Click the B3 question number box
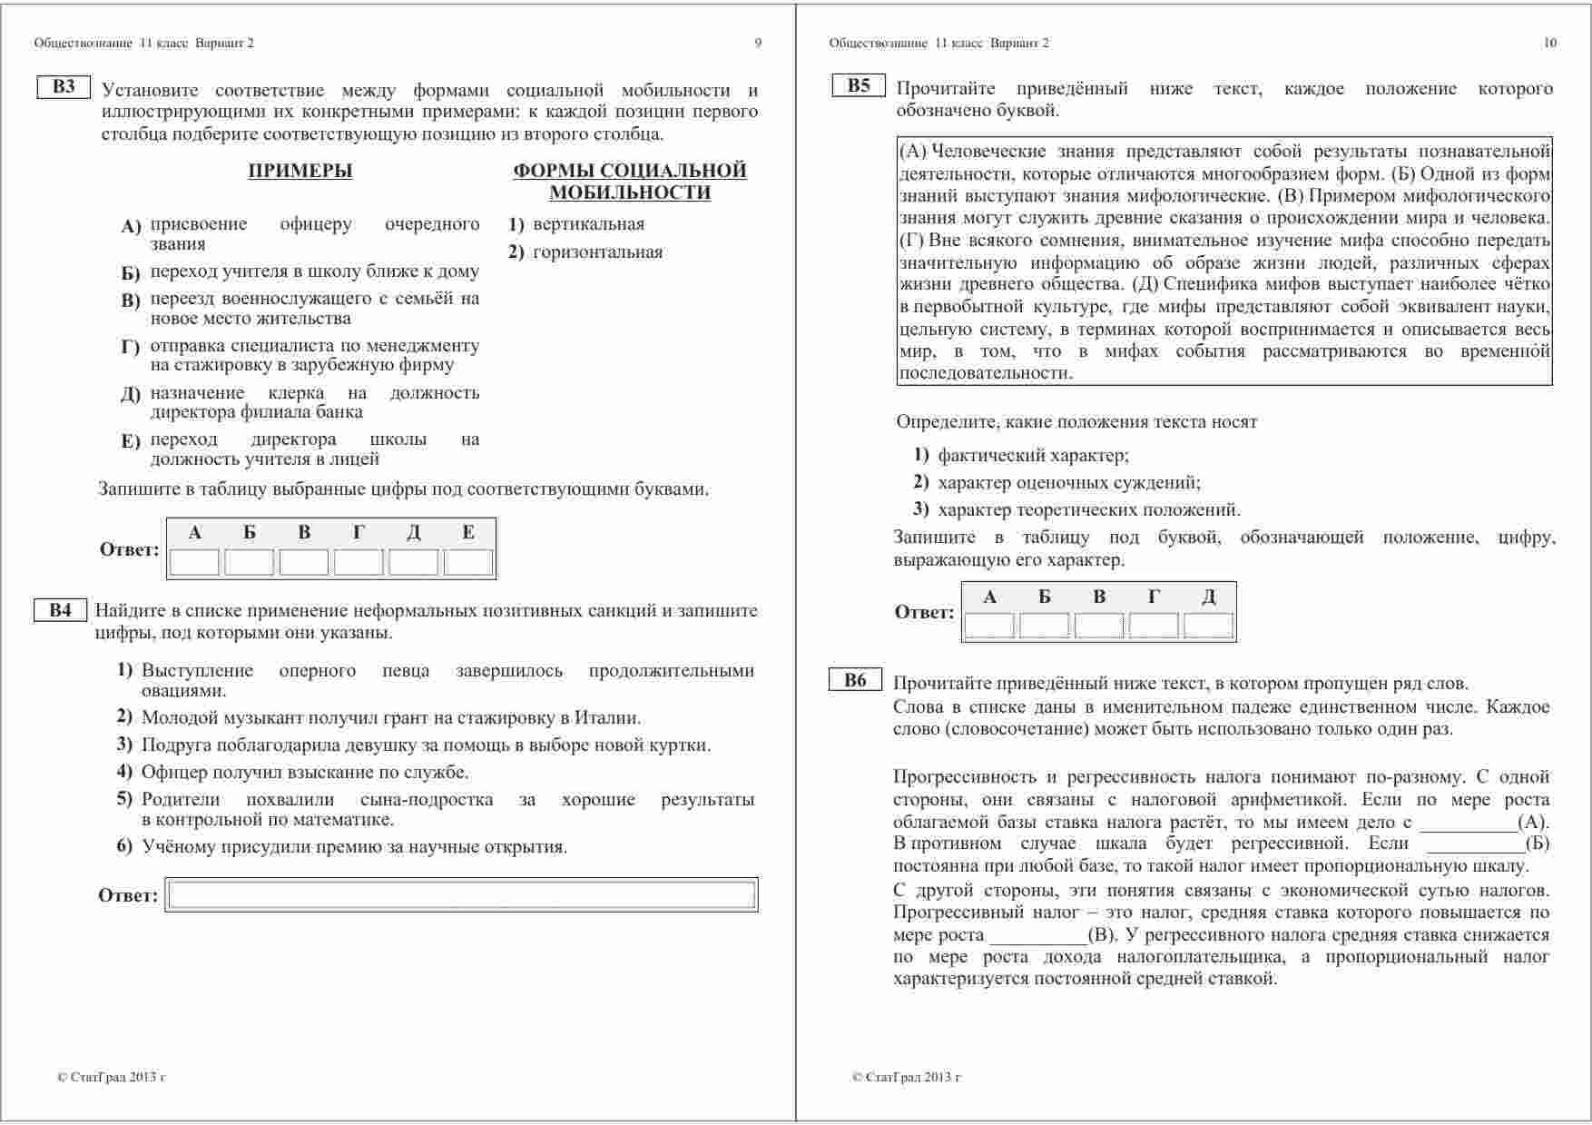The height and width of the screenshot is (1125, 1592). [x=64, y=87]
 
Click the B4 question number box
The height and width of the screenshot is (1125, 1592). [x=60, y=610]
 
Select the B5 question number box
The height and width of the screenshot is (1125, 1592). [x=858, y=86]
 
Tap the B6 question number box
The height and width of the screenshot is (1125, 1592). [x=855, y=681]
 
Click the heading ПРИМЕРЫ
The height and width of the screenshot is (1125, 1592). [x=300, y=171]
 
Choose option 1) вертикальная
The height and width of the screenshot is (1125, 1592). [x=577, y=224]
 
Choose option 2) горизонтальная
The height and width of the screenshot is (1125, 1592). [x=586, y=252]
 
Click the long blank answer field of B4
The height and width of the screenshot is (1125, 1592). [x=461, y=895]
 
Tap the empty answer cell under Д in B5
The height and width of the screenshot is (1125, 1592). [x=1208, y=626]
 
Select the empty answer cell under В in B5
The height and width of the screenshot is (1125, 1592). [x=1098, y=626]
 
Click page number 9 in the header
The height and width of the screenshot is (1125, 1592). [x=758, y=43]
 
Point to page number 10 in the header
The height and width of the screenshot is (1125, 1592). [x=1549, y=43]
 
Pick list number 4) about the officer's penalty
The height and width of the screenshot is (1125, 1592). [x=125, y=773]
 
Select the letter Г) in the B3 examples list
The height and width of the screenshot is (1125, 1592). [x=130, y=347]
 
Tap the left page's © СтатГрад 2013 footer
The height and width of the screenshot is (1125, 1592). [x=111, y=1078]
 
